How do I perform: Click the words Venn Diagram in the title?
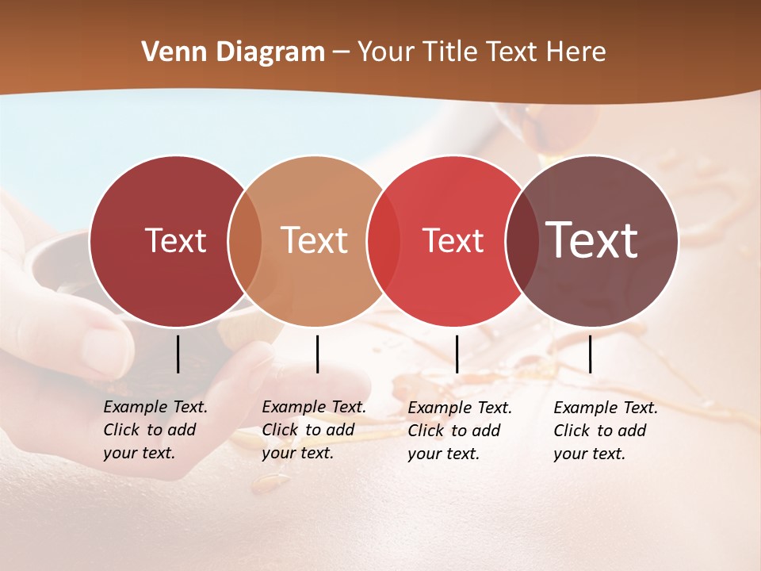click(x=233, y=52)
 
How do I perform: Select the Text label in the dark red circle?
click(x=175, y=240)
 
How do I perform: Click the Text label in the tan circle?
click(x=315, y=240)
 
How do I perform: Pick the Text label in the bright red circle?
click(x=453, y=240)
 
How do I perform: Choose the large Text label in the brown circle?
click(x=592, y=240)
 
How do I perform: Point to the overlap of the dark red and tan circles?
click(x=245, y=241)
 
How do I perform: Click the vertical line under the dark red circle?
click(x=178, y=354)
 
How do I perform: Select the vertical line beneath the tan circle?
click(x=317, y=354)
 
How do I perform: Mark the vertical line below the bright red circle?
click(x=457, y=354)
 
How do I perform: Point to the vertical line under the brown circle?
click(x=590, y=354)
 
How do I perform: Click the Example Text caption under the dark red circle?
click(x=155, y=430)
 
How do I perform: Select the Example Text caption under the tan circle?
click(x=313, y=430)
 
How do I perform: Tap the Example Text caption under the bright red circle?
click(x=459, y=431)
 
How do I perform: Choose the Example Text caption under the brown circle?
click(x=605, y=431)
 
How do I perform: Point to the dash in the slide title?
click(x=341, y=53)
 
